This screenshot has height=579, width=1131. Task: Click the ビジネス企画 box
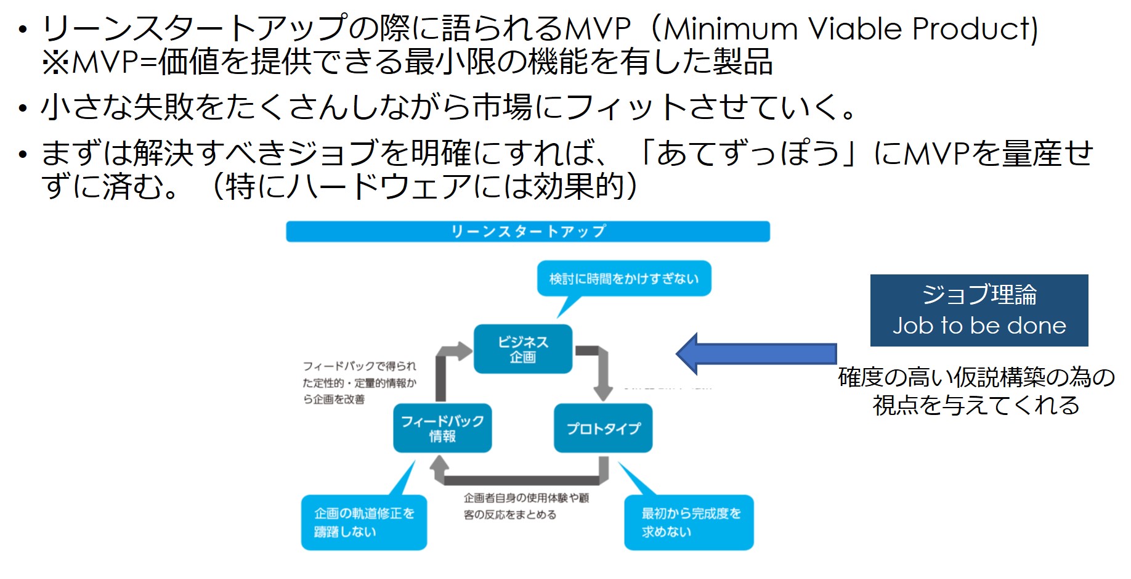(x=522, y=349)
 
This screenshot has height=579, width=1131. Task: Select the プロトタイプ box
(x=602, y=428)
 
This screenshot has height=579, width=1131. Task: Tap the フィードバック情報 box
(x=442, y=428)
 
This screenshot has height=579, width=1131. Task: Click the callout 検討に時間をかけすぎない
(x=623, y=279)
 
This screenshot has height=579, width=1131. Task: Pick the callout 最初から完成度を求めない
(x=689, y=522)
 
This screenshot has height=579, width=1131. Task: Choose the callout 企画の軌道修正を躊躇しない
(x=363, y=522)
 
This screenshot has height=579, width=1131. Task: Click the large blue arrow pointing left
(x=756, y=354)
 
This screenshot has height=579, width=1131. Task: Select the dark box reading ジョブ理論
(x=978, y=310)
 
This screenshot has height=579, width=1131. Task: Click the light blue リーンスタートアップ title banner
(x=527, y=231)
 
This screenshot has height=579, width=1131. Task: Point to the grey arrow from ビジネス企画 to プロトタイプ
(x=600, y=370)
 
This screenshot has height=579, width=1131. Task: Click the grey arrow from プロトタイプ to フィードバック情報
(x=521, y=478)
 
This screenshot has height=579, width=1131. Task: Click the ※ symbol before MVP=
(x=55, y=62)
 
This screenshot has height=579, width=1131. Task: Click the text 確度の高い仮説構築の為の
(x=976, y=377)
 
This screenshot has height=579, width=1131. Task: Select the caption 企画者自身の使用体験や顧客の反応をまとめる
(x=526, y=506)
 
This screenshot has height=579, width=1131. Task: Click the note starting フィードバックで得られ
(x=359, y=382)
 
